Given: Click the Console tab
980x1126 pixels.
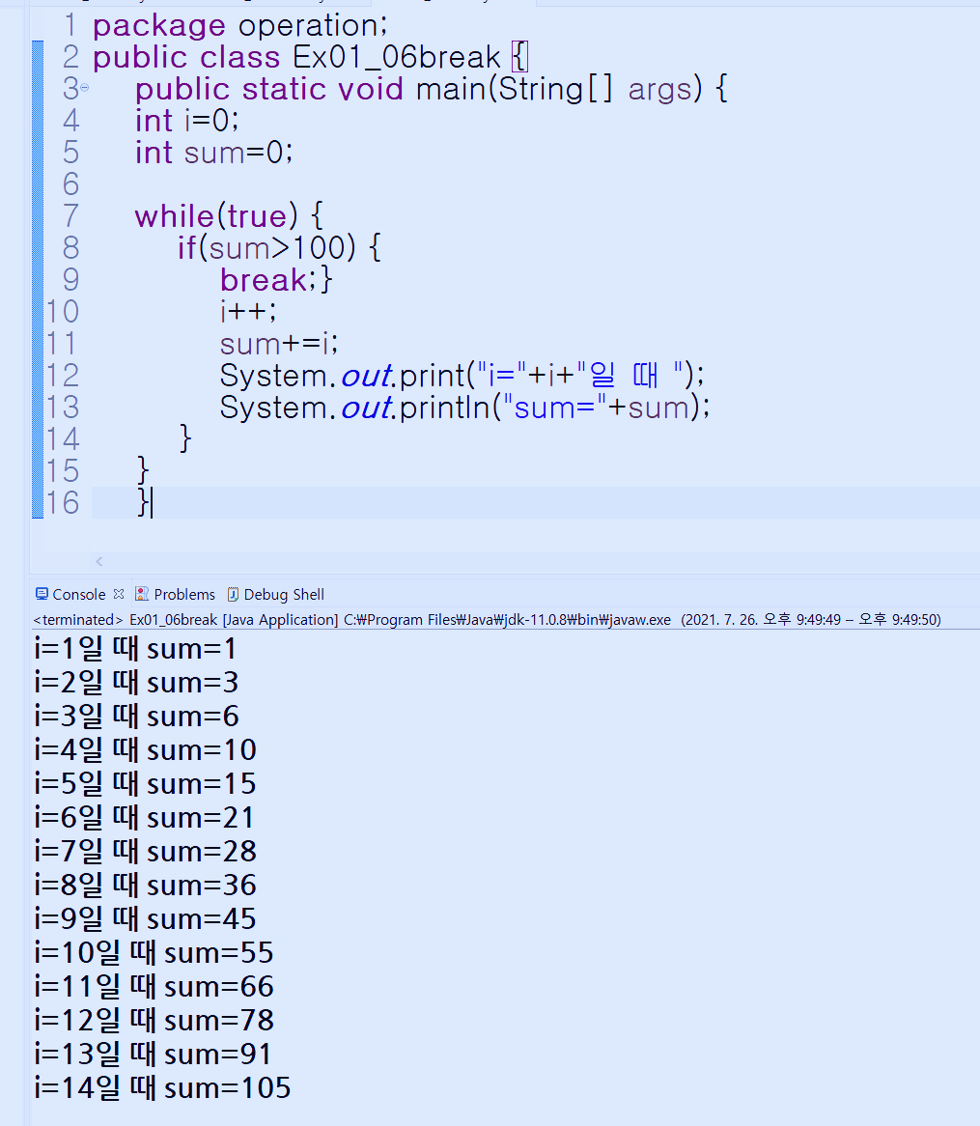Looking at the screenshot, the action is tap(78, 595).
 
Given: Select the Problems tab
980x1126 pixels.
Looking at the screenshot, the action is tap(183, 595).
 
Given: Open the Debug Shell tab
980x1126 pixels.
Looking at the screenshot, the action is tap(283, 595).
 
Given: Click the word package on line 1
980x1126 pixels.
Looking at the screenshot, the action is tap(158, 26).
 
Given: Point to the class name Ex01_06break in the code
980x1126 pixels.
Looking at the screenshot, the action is tap(397, 57).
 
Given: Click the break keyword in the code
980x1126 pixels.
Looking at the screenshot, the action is tap(263, 280).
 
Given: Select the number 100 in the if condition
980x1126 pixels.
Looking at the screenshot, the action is tap(318, 248).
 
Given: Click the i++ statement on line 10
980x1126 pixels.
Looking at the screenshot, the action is tap(247, 311).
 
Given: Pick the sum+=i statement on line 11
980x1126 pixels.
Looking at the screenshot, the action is tap(279, 343).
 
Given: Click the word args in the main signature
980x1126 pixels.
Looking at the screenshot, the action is tap(660, 90).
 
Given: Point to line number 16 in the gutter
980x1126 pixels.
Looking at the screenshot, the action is tap(63, 503).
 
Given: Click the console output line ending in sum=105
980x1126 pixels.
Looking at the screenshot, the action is tap(162, 1088).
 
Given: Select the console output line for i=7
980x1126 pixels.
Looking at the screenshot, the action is tap(145, 852).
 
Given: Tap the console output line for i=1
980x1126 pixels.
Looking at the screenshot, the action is tap(135, 649).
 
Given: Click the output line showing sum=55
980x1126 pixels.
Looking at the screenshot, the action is tap(154, 953).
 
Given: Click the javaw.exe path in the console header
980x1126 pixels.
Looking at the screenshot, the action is tap(507, 620).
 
